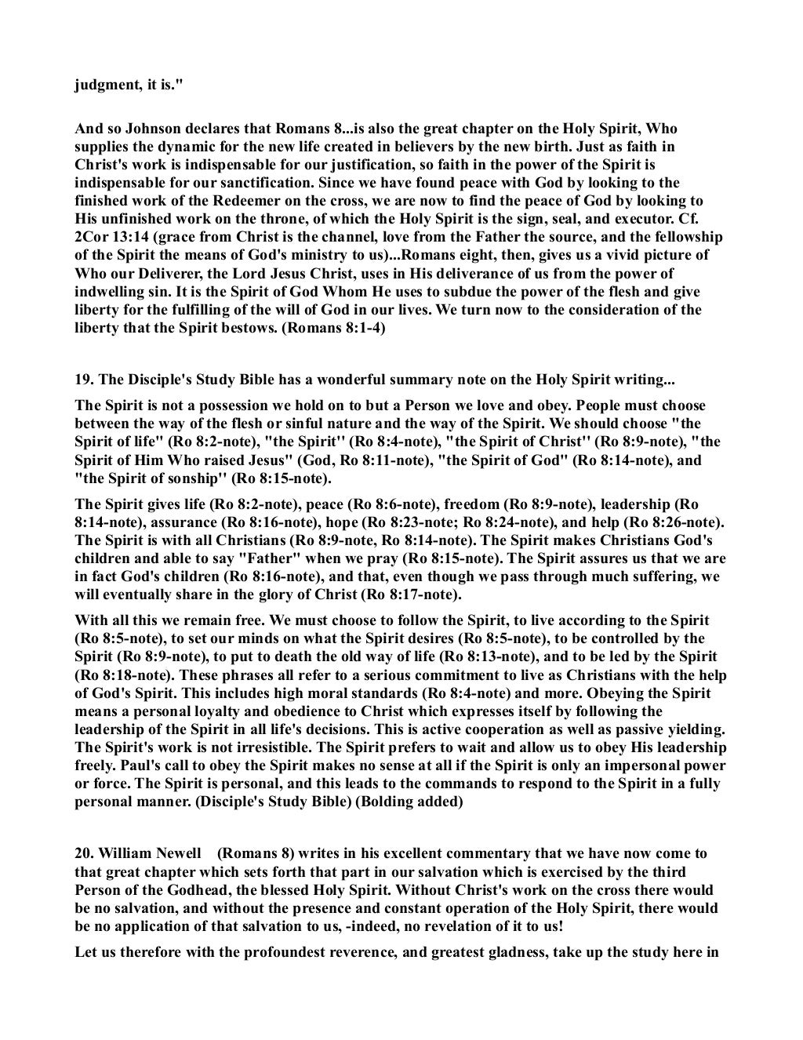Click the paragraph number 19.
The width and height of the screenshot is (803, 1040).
coord(83,381)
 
